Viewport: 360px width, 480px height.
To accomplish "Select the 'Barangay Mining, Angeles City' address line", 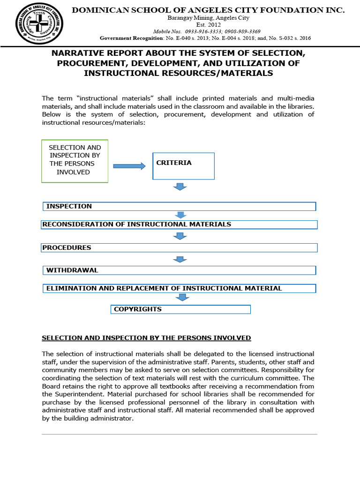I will [209, 18].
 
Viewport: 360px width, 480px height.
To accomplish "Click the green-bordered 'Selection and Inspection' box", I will [75, 161].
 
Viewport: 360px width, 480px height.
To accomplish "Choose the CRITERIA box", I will [183, 165].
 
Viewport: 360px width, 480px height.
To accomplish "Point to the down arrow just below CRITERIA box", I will [180, 187].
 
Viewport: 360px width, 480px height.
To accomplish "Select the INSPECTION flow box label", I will [69, 206].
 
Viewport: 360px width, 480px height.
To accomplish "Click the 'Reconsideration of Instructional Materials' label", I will [137, 224].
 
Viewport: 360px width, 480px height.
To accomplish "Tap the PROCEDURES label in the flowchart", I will [67, 247].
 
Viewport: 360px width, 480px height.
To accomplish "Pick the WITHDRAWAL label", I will [72, 270].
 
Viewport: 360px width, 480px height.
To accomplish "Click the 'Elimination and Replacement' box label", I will [164, 288].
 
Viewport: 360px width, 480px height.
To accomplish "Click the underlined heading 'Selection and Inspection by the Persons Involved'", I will [146, 337].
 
